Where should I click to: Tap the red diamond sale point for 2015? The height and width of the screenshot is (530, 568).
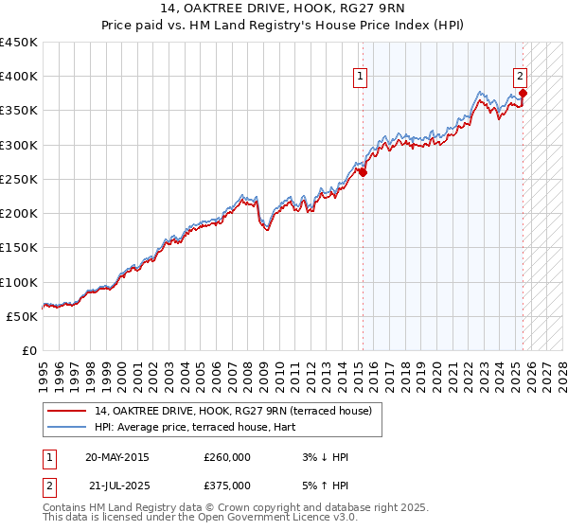[363, 172]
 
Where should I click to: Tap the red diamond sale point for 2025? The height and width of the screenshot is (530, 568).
[524, 93]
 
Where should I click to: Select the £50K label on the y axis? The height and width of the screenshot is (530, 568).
[22, 316]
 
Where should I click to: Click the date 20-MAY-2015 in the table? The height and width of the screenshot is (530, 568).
[117, 457]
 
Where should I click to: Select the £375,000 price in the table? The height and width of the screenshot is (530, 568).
[227, 486]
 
